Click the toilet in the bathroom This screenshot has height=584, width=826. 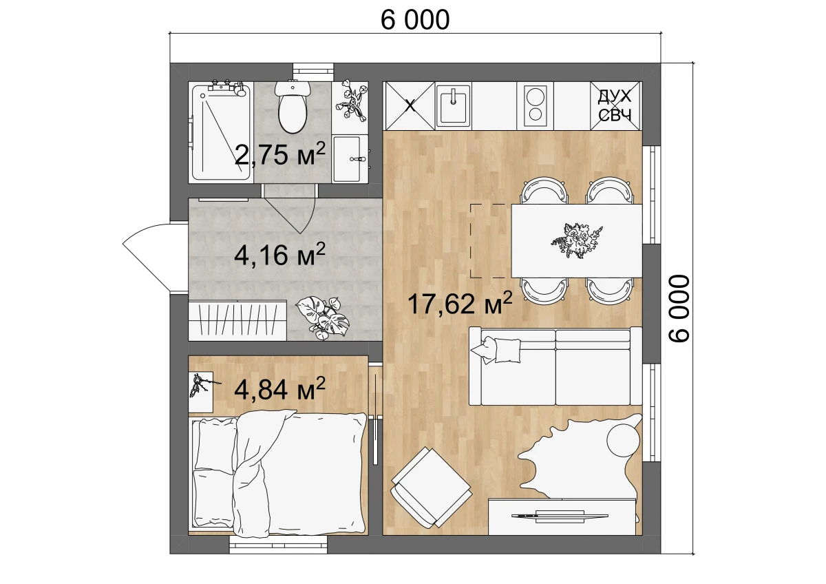293,107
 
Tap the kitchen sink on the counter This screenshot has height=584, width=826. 453,105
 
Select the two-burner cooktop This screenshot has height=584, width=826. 535,105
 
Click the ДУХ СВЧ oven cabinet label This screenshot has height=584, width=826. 615,105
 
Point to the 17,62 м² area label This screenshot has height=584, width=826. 460,303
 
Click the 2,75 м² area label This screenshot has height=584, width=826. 280,154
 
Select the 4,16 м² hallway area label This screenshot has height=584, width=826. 280,255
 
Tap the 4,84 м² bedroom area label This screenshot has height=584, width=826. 280,389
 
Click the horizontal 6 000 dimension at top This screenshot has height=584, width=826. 415,20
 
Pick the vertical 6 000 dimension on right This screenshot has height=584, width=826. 679,309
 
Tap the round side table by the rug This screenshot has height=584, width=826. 624,440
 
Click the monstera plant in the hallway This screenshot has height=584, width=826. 323,317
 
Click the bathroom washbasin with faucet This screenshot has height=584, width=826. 350,158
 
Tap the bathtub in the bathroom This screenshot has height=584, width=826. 221,132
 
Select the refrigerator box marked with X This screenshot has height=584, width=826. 410,105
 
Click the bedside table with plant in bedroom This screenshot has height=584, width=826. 201,392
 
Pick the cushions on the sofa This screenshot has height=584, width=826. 497,349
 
